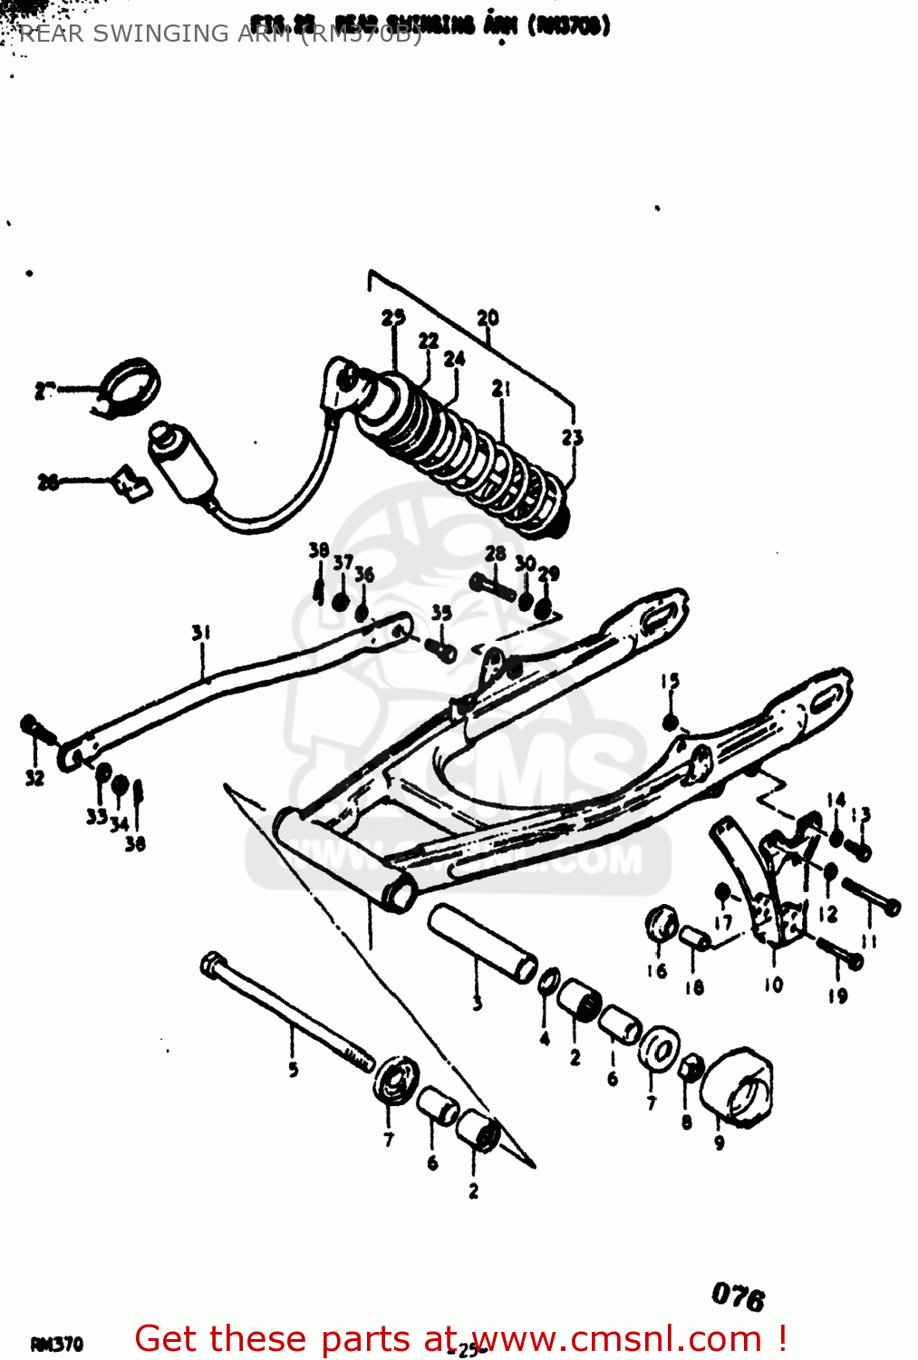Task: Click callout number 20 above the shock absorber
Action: [x=488, y=318]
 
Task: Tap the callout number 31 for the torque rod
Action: [x=201, y=632]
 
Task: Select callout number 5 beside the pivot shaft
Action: [x=294, y=1070]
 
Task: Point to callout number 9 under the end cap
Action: [x=720, y=1142]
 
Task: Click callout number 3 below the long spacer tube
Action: [x=478, y=1003]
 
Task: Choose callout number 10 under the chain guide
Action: [x=773, y=985]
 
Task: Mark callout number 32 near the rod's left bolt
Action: [x=34, y=777]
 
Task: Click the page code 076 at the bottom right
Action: [x=738, y=1297]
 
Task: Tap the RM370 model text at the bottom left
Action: [x=57, y=1344]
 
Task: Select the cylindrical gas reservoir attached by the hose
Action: [x=184, y=462]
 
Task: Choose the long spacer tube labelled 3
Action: [x=482, y=943]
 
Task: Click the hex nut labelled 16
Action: [x=661, y=924]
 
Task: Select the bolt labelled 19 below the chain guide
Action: [x=841, y=952]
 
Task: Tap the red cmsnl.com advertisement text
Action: [x=459, y=1339]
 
